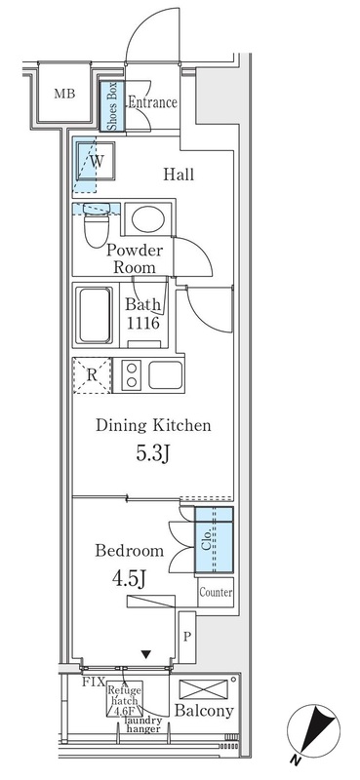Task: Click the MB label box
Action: [x=64, y=94]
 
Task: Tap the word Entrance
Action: [x=151, y=100]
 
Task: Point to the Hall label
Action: [x=178, y=175]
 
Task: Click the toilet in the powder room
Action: [x=96, y=230]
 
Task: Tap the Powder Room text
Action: [x=140, y=257]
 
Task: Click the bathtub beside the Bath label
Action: [x=94, y=315]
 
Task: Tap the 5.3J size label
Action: [x=152, y=456]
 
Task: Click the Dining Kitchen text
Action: [x=153, y=426]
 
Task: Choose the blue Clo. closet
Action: [x=214, y=539]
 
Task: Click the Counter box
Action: [x=215, y=592]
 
